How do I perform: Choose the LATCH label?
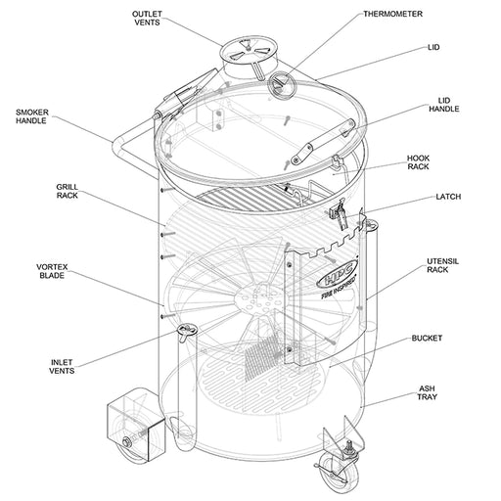point(447,198)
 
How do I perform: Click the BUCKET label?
point(427,339)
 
